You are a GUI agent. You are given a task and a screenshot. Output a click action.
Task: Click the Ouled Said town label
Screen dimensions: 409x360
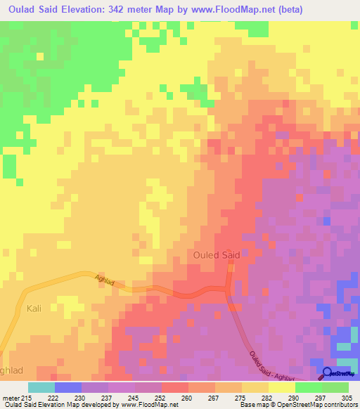pos(216,256)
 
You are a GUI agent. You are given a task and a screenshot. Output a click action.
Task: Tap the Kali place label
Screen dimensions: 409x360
pos(34,309)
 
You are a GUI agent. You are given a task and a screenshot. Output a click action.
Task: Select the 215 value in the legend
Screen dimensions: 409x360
pos(27,398)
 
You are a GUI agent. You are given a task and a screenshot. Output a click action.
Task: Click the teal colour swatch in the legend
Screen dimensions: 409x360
pos(41,387)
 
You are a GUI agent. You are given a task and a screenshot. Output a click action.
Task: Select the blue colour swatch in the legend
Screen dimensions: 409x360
pos(67,387)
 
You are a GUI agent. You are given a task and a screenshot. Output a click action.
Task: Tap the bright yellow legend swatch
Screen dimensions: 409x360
pos(282,387)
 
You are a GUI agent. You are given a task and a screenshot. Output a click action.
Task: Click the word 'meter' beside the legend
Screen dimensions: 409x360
pos(11,398)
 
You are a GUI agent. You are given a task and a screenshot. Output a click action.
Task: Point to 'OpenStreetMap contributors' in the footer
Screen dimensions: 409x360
pos(319,405)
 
